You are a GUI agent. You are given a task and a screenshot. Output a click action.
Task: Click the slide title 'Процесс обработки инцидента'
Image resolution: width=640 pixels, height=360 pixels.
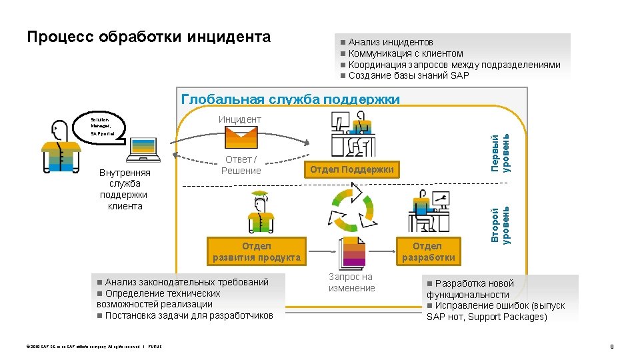point(149,37)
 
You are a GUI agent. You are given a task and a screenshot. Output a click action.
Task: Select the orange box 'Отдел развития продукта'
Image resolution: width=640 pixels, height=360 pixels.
point(257,251)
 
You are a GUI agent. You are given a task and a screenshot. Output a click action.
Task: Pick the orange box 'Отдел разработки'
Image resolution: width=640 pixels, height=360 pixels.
point(427,251)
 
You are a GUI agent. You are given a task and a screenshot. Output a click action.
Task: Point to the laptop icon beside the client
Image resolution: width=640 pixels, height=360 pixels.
point(144,149)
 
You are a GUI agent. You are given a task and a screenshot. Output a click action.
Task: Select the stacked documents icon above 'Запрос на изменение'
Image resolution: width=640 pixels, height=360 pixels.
point(352,253)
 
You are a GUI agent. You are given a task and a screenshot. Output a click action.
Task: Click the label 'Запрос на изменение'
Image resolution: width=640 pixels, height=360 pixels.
point(351,282)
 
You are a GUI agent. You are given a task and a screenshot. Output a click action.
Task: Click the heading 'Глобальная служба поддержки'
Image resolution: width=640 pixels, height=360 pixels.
point(291,99)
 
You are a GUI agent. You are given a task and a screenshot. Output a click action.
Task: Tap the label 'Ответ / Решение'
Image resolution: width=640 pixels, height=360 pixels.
point(241,165)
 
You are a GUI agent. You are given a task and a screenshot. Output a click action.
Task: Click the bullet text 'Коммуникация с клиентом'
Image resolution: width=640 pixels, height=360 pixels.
point(405,53)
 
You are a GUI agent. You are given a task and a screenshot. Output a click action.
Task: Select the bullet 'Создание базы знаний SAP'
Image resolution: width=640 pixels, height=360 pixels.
point(408,75)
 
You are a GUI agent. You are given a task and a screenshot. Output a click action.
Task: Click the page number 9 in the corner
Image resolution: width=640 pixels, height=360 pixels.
point(611,346)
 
